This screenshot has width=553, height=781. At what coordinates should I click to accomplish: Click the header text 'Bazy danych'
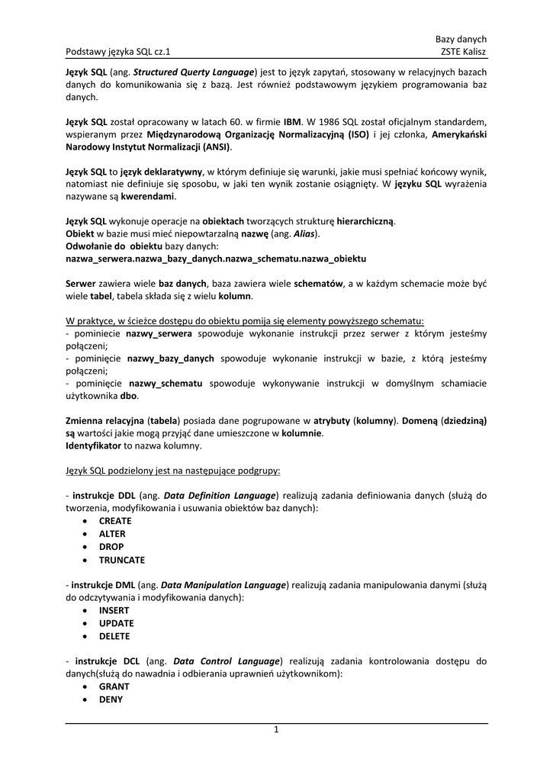[461, 39]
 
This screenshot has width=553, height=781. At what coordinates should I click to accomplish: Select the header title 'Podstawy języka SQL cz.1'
[118, 52]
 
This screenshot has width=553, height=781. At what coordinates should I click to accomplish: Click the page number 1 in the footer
[276, 730]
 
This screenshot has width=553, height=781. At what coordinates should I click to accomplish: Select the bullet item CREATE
[115, 521]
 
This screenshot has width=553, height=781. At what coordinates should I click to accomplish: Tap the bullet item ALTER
[112, 534]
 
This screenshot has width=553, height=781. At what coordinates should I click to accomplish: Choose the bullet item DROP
[111, 547]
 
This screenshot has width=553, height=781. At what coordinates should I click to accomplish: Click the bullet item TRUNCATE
[122, 560]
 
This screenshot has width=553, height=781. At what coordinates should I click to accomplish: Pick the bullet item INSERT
[114, 610]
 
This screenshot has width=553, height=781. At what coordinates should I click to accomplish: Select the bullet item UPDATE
[116, 623]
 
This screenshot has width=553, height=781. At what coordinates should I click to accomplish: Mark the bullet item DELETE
[114, 636]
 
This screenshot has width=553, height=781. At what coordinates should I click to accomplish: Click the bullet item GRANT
[114, 686]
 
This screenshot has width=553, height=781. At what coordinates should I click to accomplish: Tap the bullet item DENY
[111, 699]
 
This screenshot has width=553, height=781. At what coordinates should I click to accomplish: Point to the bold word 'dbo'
[128, 396]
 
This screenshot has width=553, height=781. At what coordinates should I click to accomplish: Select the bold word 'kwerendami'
[148, 196]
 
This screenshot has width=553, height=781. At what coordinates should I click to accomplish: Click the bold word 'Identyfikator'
[94, 445]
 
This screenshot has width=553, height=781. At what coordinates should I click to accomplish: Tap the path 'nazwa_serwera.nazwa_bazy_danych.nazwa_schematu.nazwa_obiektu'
[217, 259]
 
